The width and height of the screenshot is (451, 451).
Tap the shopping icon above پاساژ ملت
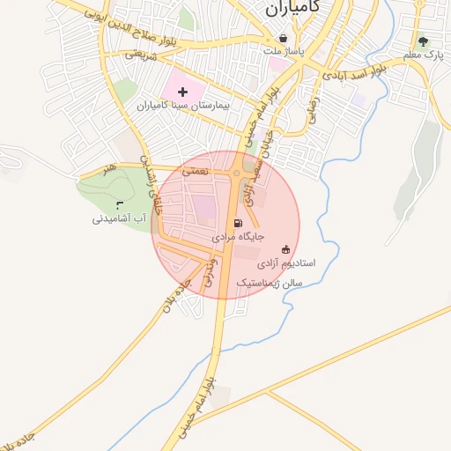tap(283, 39)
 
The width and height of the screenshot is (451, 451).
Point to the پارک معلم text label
tap(422, 55)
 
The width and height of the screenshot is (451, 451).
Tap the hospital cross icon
tap(183, 92)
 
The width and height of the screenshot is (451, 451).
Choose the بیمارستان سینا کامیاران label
tap(183, 105)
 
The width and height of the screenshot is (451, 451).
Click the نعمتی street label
tap(195, 172)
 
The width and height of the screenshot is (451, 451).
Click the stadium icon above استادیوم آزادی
tap(285, 249)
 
